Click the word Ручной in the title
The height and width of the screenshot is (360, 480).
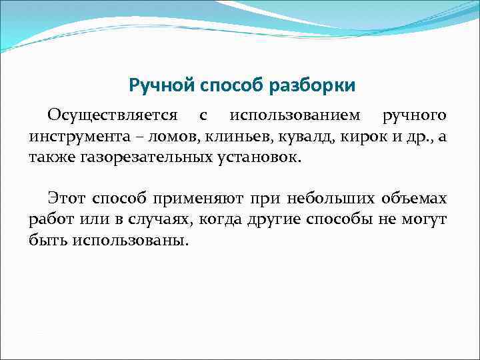pyautogui.click(x=158, y=86)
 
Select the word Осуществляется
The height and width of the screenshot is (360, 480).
pyautogui.click(x=112, y=115)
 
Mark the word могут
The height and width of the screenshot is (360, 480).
pyautogui.click(x=425, y=220)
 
